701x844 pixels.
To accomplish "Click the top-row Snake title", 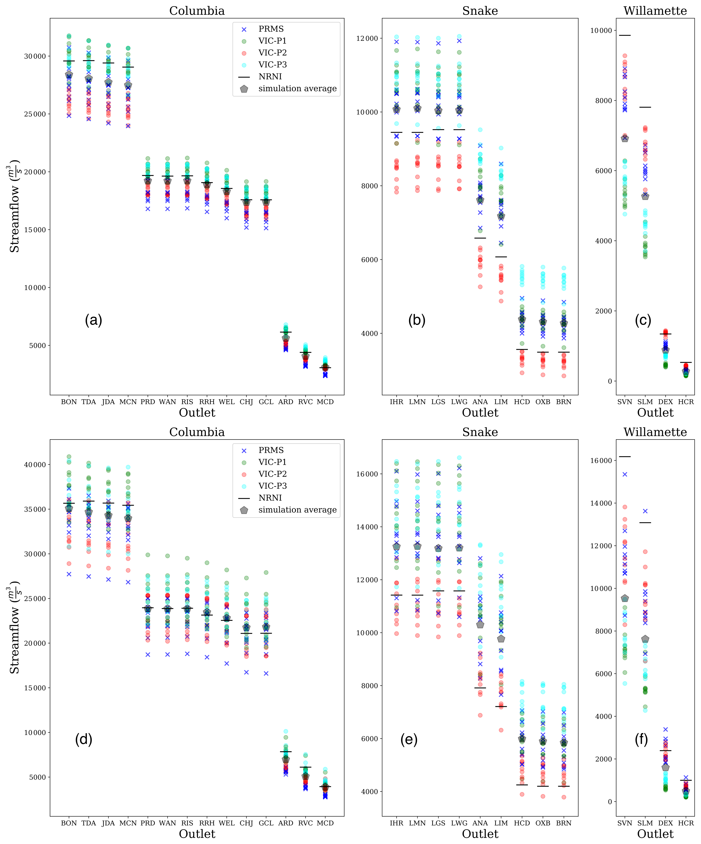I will tap(480, 11).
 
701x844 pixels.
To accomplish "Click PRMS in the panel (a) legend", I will tap(271, 29).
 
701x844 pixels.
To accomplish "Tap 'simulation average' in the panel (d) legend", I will tap(297, 510).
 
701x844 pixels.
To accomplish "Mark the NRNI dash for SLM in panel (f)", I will tap(645, 523).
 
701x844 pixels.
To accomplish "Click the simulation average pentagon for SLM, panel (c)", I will tap(645, 196).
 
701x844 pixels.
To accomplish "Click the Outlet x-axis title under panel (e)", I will tap(480, 834).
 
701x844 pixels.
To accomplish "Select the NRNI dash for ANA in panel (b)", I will tap(480, 238).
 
